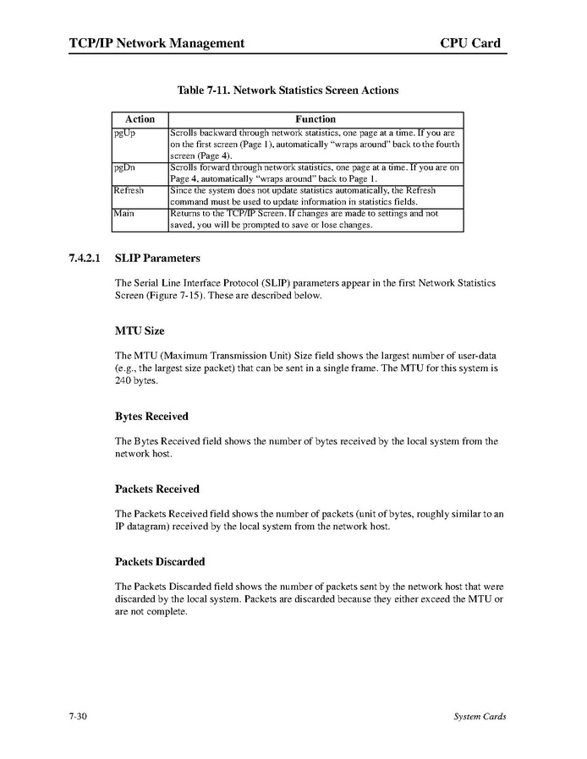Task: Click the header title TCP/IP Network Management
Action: pyautogui.click(x=156, y=43)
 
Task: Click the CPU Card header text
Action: pyautogui.click(x=469, y=43)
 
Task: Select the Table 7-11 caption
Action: pyautogui.click(x=288, y=90)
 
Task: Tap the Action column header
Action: pyautogui.click(x=140, y=119)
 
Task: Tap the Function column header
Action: pyautogui.click(x=315, y=119)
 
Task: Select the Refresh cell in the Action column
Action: pyautogui.click(x=129, y=191)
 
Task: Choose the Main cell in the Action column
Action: pyautogui.click(x=123, y=214)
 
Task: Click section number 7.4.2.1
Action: pyautogui.click(x=85, y=258)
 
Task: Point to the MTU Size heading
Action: pyautogui.click(x=140, y=330)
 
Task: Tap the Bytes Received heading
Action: pyautogui.click(x=151, y=417)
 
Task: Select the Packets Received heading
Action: pyautogui.click(x=156, y=489)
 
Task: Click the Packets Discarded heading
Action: pyautogui.click(x=160, y=561)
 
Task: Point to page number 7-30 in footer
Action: pyautogui.click(x=79, y=717)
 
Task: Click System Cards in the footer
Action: pyautogui.click(x=480, y=717)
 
